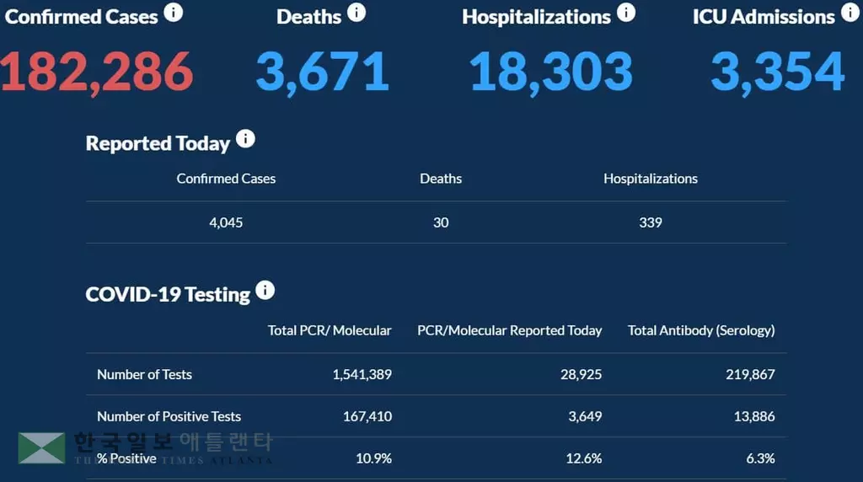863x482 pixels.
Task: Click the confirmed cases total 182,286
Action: (96, 72)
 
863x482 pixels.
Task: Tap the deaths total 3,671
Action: (322, 72)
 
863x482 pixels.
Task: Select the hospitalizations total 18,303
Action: (550, 72)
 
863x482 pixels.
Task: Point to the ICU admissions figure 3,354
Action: (777, 72)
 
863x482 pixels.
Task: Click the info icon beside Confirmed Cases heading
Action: (173, 13)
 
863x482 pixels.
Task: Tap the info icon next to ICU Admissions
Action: (850, 13)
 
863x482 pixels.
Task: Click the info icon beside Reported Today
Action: (245, 139)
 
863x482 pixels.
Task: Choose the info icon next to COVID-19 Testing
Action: (265, 291)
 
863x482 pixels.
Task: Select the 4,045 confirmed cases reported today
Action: (226, 222)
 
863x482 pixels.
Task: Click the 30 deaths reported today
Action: (441, 222)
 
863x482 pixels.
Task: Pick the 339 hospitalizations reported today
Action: (651, 222)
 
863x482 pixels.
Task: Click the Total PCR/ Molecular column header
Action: (330, 330)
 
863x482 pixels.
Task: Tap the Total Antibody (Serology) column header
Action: (701, 330)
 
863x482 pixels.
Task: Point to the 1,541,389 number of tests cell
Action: (362, 374)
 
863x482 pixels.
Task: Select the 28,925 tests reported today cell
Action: (581, 374)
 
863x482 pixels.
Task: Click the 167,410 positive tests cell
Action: (367, 416)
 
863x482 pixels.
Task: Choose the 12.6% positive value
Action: (583, 458)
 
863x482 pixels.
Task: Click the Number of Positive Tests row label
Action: (169, 416)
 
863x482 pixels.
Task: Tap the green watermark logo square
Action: (41, 448)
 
